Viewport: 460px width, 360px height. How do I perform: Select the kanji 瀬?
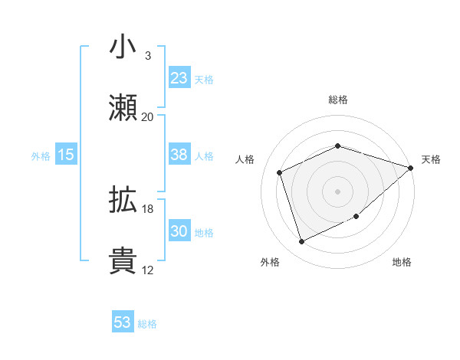123,107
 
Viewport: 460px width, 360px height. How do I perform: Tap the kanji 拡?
123,201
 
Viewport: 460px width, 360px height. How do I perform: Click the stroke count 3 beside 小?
147,56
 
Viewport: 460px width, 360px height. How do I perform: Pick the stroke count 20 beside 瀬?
147,117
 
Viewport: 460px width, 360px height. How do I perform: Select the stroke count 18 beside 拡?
147,209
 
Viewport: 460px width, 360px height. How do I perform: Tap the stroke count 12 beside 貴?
147,270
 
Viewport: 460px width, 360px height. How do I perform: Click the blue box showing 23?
179,78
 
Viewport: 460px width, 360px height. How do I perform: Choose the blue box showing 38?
179,155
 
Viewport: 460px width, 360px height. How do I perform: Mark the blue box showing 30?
179,231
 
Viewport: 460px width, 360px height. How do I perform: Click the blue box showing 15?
66,155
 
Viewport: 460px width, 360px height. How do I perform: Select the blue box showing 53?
123,322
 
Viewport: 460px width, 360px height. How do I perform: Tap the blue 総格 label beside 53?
147,324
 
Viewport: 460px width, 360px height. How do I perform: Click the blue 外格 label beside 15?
41,156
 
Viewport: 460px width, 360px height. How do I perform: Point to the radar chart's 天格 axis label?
431,159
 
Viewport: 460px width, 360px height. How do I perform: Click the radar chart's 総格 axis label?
338,100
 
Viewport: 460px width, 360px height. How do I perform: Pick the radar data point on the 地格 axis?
356,218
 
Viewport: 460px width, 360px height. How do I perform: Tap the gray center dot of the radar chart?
338,191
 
